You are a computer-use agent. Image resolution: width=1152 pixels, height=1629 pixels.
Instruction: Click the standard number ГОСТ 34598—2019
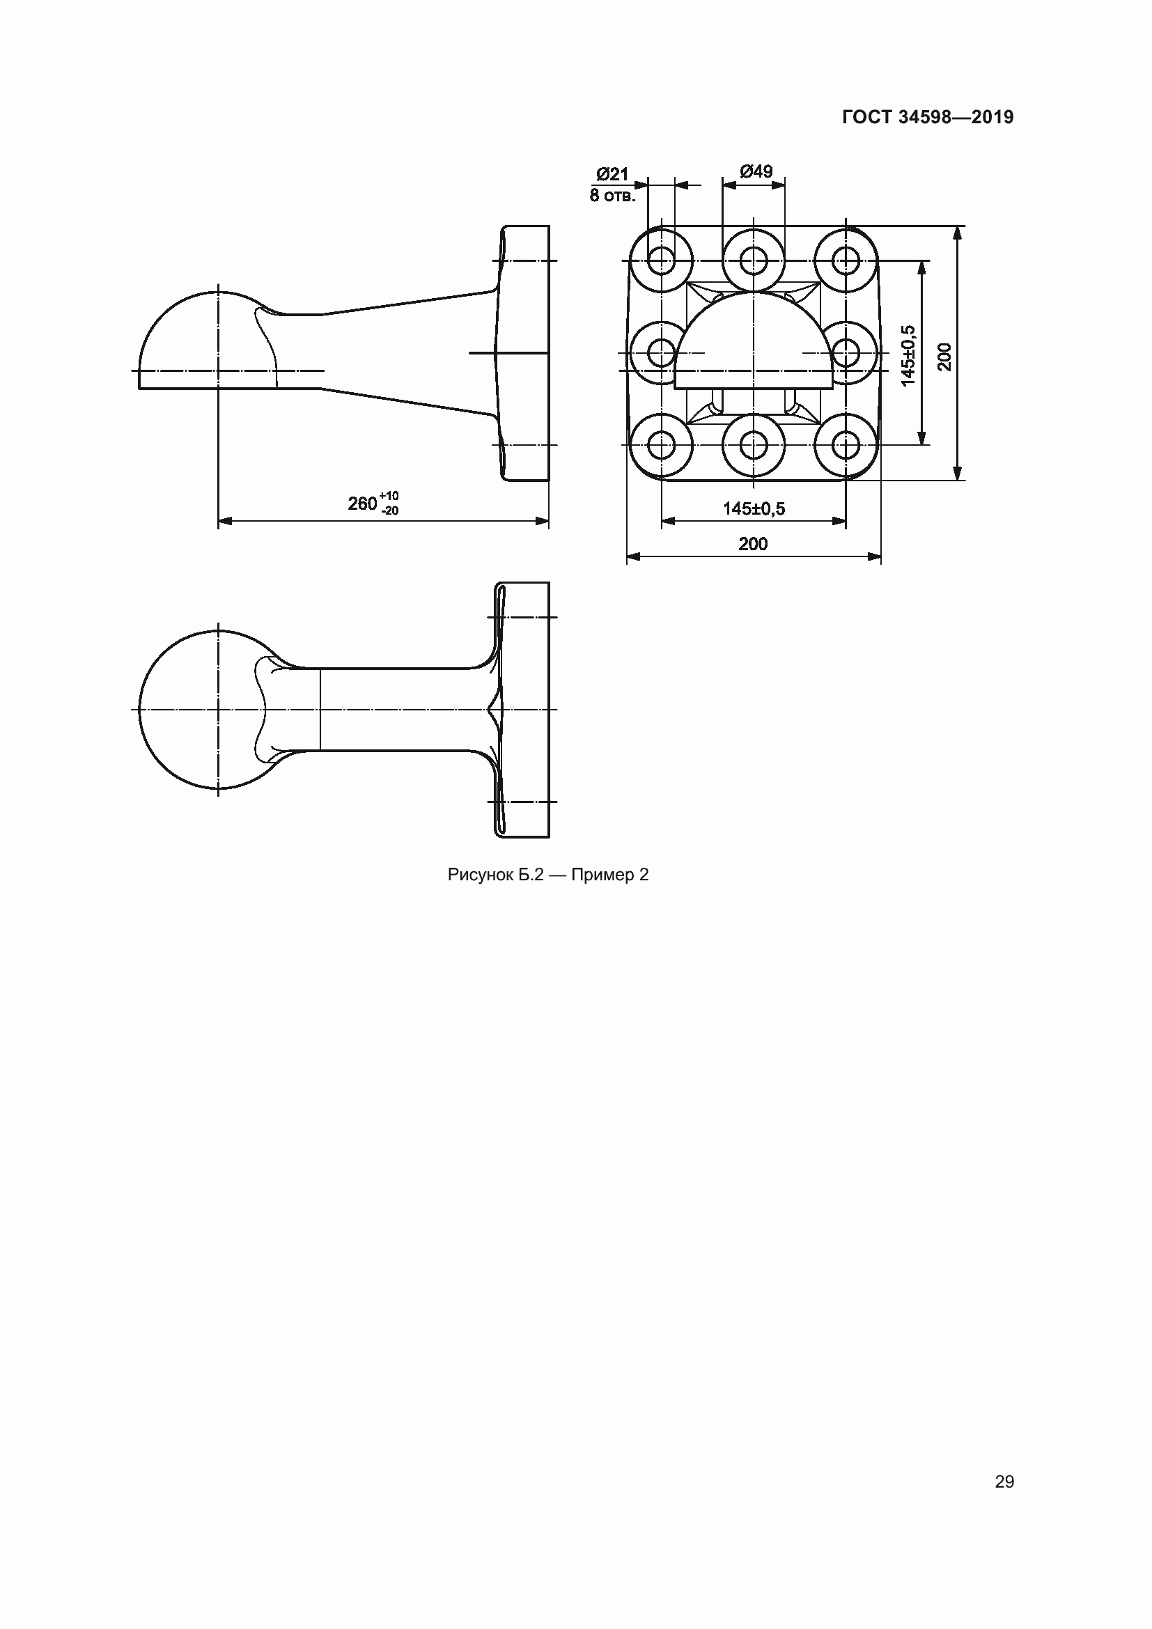928,117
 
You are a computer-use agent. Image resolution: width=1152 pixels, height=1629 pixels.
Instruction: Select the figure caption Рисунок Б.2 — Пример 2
547,875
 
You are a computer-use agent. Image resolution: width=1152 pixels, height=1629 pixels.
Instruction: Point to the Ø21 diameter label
612,174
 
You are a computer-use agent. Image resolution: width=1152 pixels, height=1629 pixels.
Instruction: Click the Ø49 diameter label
756,171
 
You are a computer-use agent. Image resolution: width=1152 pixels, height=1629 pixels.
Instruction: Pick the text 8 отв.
613,195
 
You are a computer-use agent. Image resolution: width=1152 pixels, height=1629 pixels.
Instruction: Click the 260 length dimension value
361,503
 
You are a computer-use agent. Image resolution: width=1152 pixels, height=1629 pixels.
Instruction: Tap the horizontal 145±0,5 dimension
754,508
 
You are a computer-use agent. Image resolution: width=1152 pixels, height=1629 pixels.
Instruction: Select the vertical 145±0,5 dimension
908,355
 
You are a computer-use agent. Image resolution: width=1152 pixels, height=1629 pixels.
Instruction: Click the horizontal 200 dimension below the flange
753,543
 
